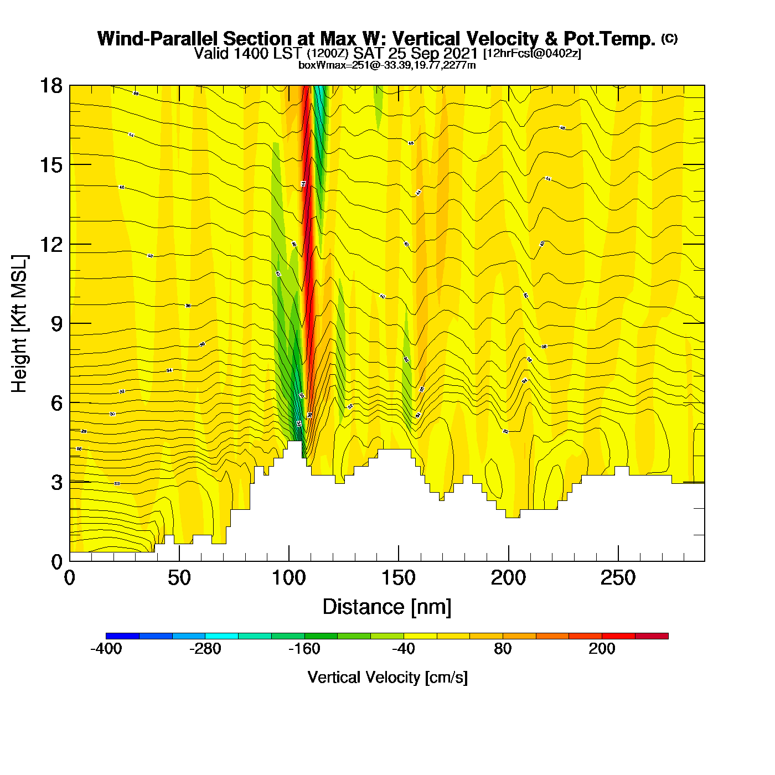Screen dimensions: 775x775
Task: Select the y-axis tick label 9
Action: point(56,324)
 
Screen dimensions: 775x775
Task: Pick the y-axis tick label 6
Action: point(56,403)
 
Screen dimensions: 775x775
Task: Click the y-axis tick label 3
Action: point(56,482)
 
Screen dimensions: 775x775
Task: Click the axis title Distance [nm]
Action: point(387,607)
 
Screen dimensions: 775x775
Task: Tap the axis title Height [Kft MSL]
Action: point(19,324)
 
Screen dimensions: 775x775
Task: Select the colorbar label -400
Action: point(106,649)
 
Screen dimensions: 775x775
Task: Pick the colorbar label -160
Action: point(304,649)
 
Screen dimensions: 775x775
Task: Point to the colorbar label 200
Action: point(602,649)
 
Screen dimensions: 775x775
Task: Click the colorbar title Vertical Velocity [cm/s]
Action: point(387,678)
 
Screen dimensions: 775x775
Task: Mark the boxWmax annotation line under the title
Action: point(387,65)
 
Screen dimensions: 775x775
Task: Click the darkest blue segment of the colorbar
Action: point(122,636)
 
